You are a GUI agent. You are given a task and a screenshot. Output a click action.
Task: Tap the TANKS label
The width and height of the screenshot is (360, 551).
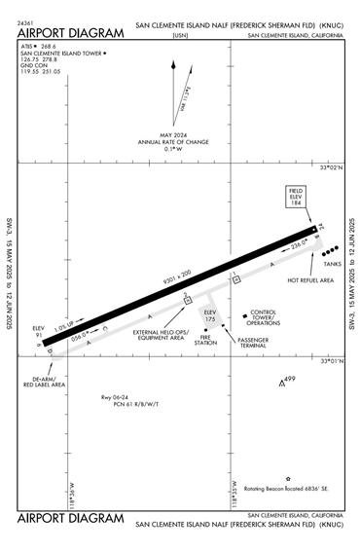point(332,264)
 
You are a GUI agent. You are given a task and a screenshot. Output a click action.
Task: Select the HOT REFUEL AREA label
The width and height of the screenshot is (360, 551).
point(310,280)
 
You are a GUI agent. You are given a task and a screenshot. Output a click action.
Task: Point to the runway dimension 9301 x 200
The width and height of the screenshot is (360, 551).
point(178,277)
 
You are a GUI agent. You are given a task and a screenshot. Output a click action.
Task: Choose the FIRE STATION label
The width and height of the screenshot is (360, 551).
point(204,340)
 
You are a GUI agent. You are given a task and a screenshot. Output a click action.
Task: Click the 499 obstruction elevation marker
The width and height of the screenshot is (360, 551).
point(287,379)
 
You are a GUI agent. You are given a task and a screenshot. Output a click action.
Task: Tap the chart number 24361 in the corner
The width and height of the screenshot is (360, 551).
point(26,21)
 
